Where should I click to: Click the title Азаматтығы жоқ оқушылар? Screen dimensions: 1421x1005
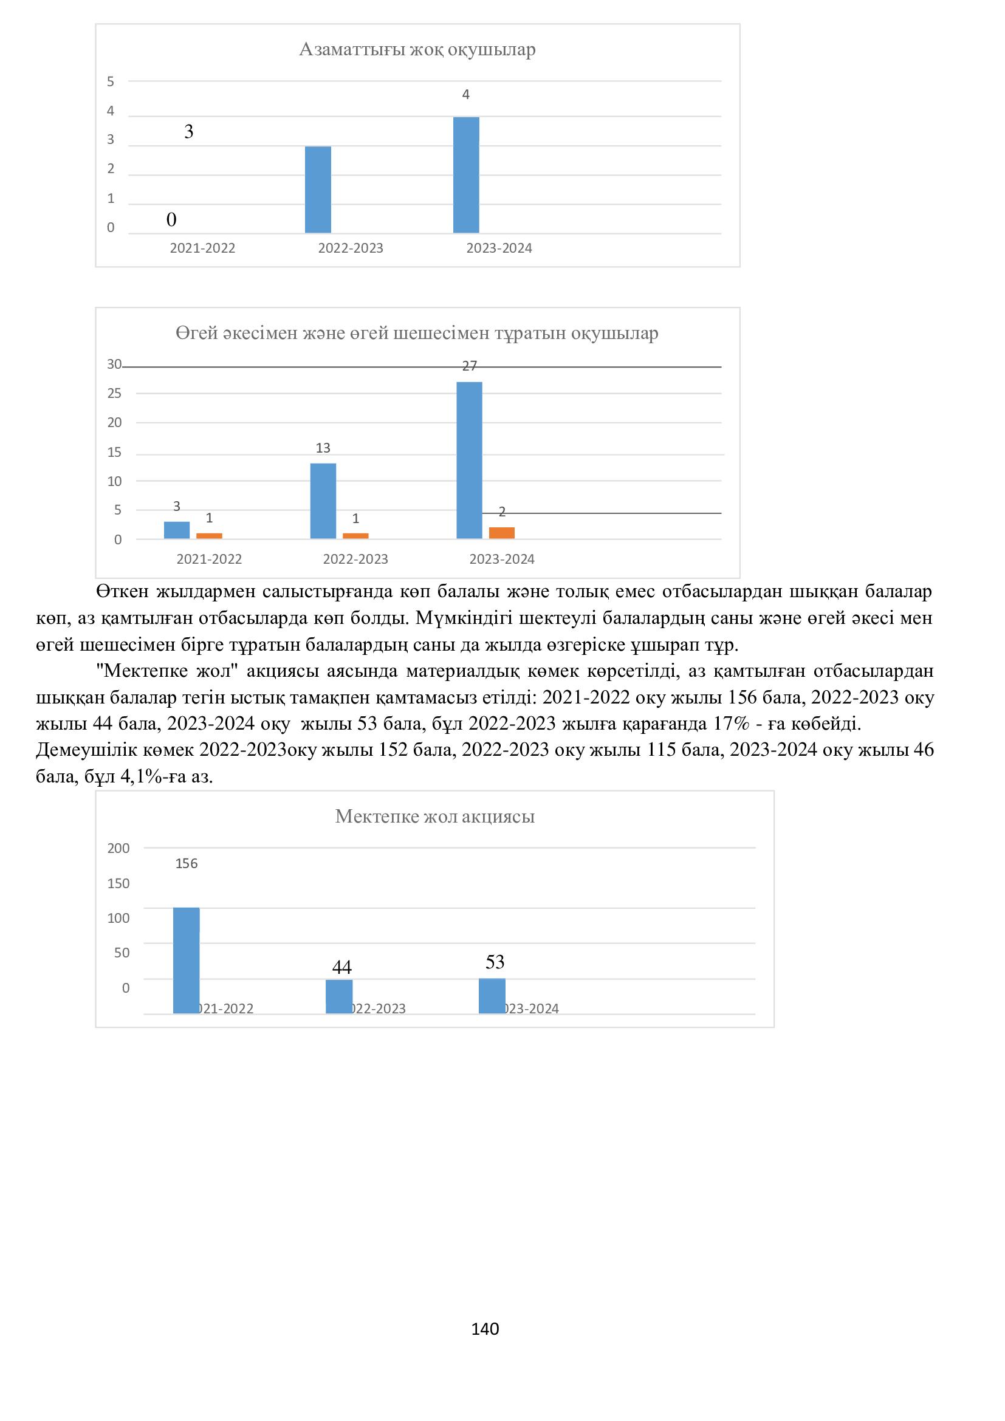(417, 49)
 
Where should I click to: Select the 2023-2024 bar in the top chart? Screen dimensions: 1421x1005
(466, 175)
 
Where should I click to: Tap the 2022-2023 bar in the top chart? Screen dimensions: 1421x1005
(318, 190)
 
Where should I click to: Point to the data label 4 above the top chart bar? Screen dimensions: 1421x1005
(466, 95)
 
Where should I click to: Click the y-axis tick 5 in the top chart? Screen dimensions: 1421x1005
(111, 81)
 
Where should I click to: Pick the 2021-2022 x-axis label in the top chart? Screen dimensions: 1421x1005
(202, 248)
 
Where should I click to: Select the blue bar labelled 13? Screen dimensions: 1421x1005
(323, 501)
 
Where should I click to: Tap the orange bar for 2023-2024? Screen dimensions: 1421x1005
(501, 533)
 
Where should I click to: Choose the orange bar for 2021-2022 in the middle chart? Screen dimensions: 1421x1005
(209, 536)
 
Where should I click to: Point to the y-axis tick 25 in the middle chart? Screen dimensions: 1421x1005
(114, 394)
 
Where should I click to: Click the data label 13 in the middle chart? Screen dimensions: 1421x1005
(323, 448)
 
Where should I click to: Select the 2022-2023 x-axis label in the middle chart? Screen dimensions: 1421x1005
(355, 559)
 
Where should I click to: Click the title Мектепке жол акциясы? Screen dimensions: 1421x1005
(434, 817)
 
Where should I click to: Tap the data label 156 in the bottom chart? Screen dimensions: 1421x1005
(187, 864)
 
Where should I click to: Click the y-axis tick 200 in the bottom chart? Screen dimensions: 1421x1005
(119, 849)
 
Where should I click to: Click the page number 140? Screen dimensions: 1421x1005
(485, 1329)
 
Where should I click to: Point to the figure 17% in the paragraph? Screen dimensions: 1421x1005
(736, 724)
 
